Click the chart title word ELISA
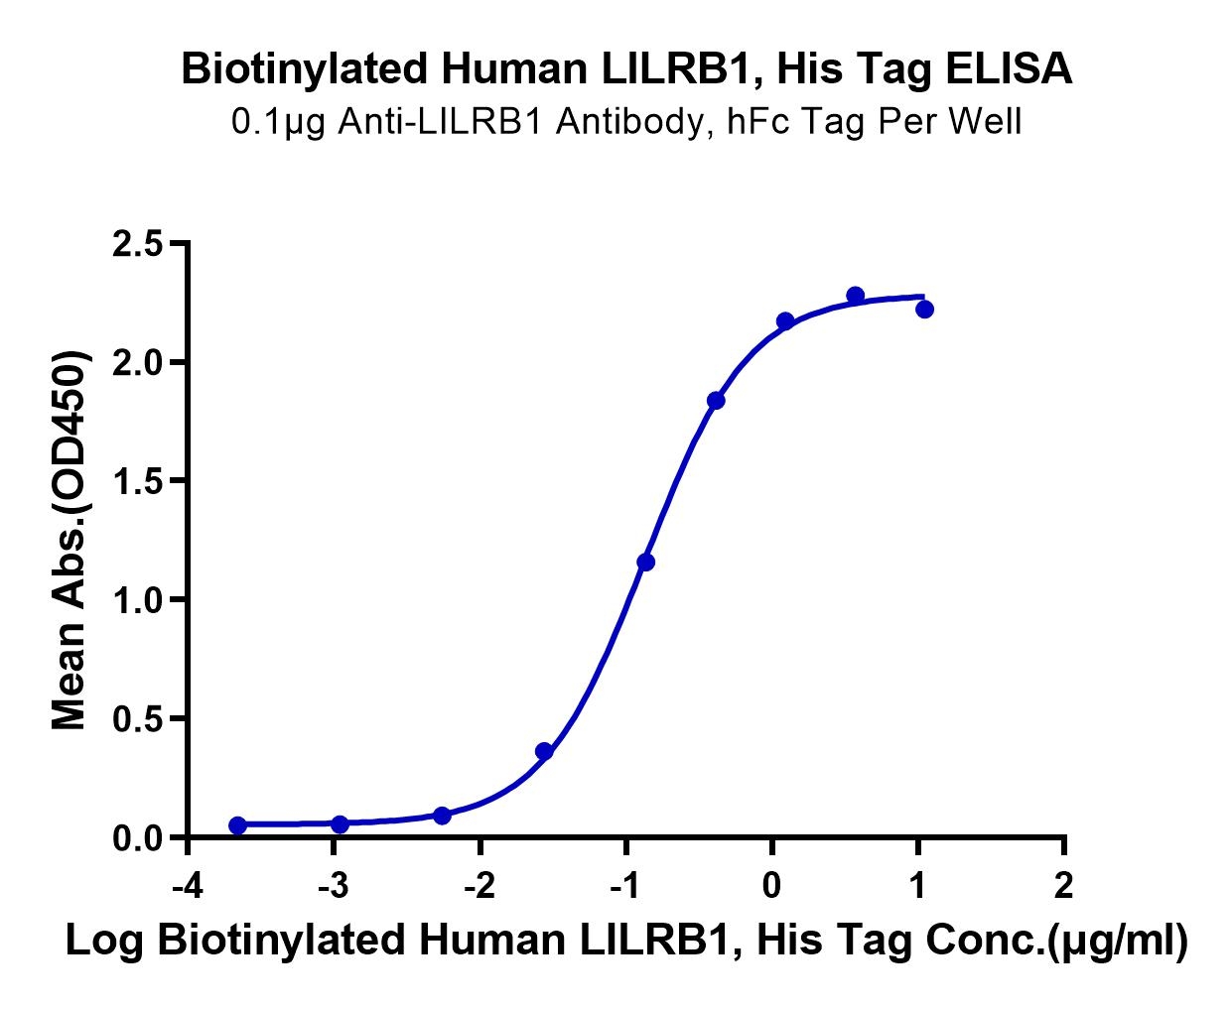1009,68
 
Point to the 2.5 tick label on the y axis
137,243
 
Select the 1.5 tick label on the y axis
137,480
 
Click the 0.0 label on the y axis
137,838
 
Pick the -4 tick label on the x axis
188,886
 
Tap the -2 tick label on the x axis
479,886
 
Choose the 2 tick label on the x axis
1064,886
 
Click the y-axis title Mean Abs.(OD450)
70,540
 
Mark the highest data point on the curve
855,296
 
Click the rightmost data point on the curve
924,310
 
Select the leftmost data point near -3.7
237,825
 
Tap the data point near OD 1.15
645,563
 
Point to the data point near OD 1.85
716,401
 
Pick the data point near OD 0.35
544,751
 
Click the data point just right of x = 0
785,321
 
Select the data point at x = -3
340,823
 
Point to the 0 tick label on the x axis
771,886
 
